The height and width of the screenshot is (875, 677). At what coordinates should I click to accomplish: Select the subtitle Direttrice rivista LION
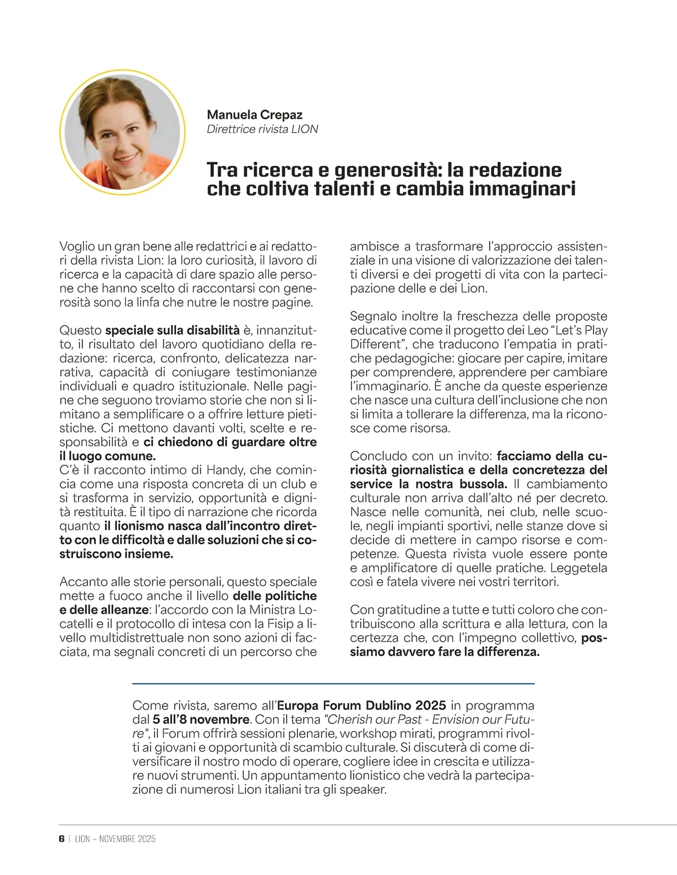(262, 129)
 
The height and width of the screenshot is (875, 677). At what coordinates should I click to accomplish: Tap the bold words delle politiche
(275, 596)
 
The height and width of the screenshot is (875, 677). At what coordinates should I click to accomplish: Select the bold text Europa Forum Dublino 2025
(362, 705)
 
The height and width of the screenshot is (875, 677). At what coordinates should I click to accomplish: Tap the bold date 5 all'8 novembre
(201, 719)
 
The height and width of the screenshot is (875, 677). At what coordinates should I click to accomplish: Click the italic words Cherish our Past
(370, 719)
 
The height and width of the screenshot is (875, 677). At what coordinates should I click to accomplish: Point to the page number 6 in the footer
(61, 838)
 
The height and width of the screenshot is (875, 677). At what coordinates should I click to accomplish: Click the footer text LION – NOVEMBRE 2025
(115, 838)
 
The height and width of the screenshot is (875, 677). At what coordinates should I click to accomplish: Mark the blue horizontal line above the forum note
(333, 684)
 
